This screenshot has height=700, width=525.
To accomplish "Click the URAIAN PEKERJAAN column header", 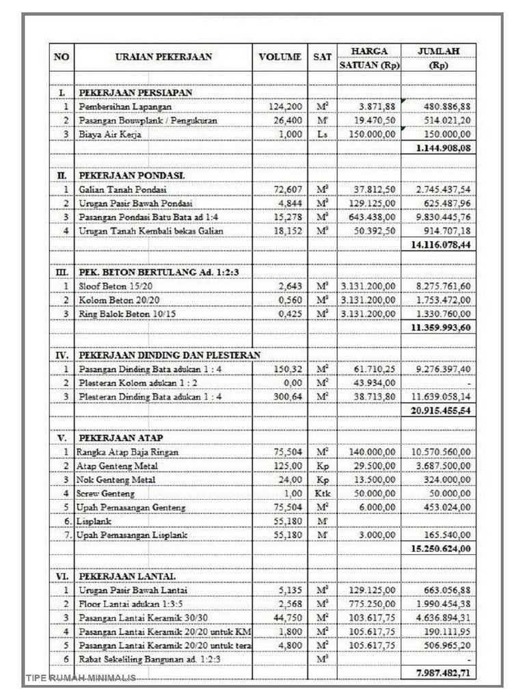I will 163,57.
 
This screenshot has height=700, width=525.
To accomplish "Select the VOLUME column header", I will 280,57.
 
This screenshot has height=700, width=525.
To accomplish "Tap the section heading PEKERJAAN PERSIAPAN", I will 135,92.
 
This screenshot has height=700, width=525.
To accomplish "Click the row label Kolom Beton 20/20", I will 119,300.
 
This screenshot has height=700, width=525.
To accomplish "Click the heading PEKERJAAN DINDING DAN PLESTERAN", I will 169,355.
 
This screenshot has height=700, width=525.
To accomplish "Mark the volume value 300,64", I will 287,396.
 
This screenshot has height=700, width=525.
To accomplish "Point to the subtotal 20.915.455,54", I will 440,411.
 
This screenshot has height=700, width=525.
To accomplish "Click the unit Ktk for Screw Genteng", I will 322,493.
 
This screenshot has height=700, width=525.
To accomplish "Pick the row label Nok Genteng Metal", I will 116,479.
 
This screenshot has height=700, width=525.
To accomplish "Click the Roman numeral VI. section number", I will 62,576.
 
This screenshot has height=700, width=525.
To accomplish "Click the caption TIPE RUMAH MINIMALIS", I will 81,678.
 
